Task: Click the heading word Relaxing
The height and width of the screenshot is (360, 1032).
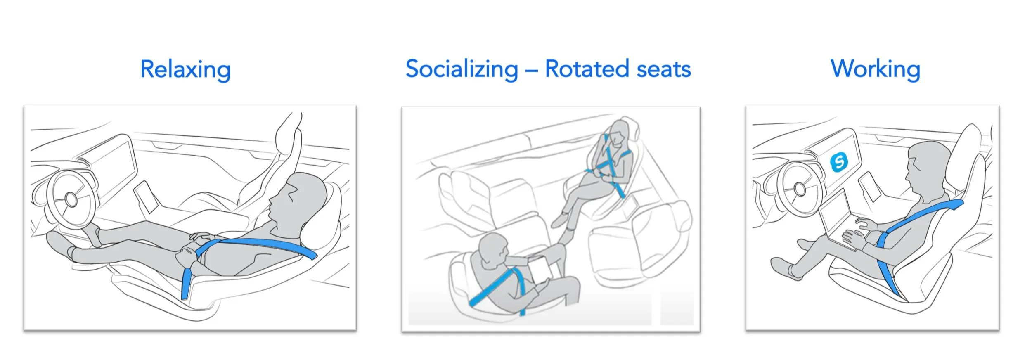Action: (x=185, y=69)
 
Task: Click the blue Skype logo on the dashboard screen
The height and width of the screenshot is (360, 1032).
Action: (x=839, y=161)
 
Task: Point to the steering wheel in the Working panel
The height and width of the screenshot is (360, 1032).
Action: (x=799, y=189)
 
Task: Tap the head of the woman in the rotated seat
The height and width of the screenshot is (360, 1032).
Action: (x=618, y=132)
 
